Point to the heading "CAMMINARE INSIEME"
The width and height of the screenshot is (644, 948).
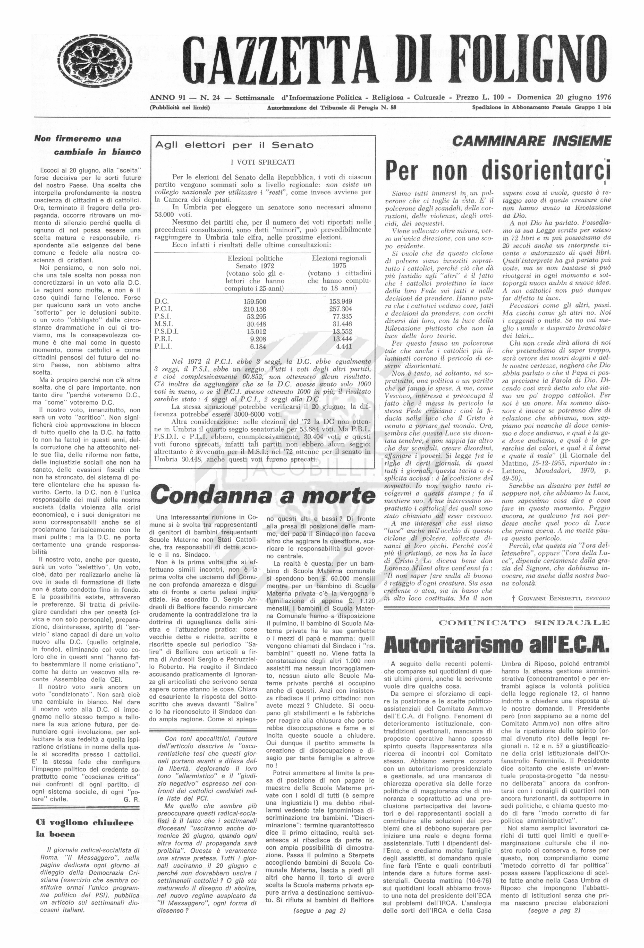532,141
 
